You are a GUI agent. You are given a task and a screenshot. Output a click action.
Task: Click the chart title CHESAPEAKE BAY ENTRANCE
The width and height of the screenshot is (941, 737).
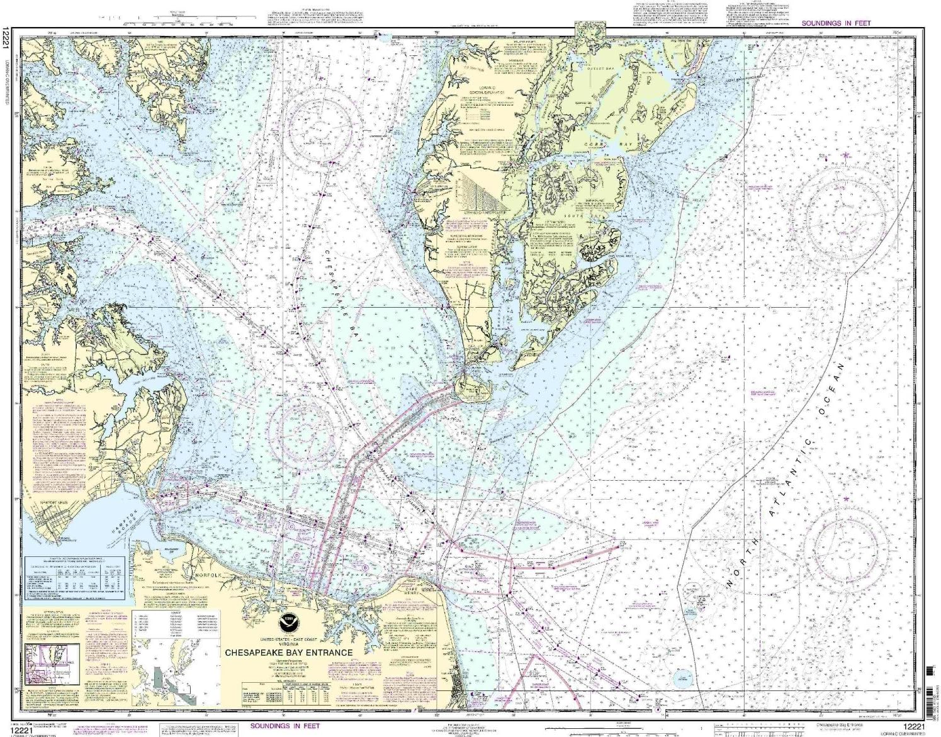click(289, 653)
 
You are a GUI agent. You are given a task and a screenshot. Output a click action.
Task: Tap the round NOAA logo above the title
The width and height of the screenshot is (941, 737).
click(289, 623)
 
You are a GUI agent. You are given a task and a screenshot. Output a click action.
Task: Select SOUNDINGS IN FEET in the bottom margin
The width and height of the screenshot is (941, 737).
click(285, 726)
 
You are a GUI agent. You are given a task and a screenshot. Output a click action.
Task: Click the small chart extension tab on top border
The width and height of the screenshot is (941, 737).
click(590, 28)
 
